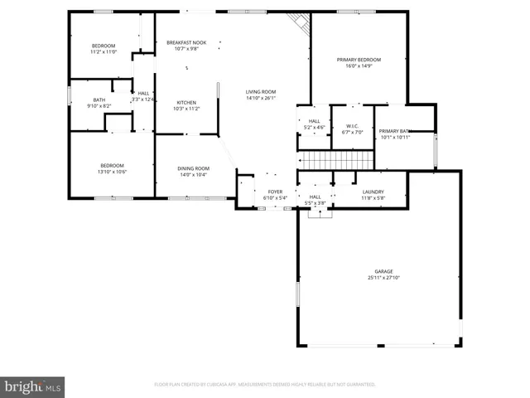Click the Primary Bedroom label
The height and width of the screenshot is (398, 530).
click(359, 60)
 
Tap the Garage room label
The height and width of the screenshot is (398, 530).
click(383, 271)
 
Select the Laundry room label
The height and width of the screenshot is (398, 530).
click(373, 192)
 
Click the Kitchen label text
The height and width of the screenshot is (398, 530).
click(185, 103)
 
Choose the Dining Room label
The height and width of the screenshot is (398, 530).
click(192, 168)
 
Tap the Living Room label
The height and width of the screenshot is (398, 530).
click(260, 92)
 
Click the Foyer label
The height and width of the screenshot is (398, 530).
click(274, 192)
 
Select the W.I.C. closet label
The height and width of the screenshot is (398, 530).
click(352, 126)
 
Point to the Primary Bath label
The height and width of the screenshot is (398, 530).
click(394, 131)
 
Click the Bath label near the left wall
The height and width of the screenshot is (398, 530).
click(99, 100)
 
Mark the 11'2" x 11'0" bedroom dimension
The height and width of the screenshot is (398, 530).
click(104, 52)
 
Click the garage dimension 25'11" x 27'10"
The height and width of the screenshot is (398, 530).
click(383, 278)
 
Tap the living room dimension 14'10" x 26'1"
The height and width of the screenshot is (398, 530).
click(260, 99)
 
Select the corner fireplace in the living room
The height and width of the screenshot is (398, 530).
click(298, 23)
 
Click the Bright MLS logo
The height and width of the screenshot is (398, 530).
click(33, 386)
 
